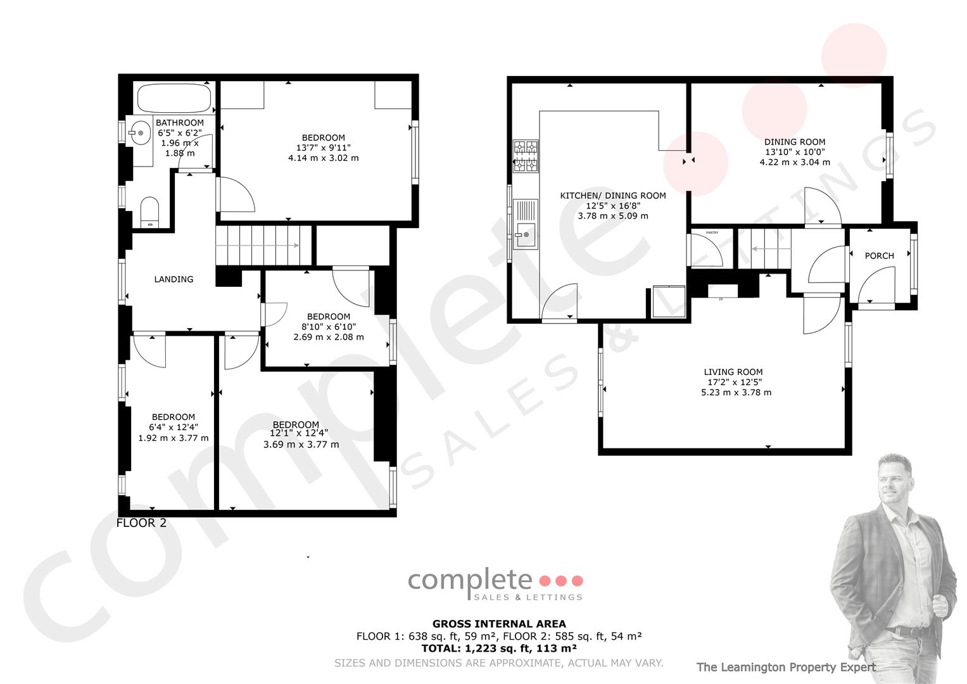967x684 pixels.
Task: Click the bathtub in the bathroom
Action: pyautogui.click(x=174, y=98)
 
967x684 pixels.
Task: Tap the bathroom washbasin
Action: pyautogui.click(x=139, y=133)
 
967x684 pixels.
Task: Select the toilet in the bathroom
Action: pyautogui.click(x=149, y=212)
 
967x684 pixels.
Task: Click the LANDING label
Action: pyautogui.click(x=174, y=279)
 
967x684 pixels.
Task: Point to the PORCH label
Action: pyautogui.click(x=879, y=256)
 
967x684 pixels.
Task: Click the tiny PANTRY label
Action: pyautogui.click(x=712, y=233)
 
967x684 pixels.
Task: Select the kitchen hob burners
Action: pyautogui.click(x=526, y=156)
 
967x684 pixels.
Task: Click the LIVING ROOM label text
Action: pyautogui.click(x=733, y=372)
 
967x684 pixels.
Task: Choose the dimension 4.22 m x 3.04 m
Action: pyautogui.click(x=795, y=162)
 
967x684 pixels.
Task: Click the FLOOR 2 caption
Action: pyautogui.click(x=141, y=523)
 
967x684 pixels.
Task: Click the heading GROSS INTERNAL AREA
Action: pyautogui.click(x=499, y=624)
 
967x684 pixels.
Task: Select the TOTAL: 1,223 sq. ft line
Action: pyautogui.click(x=499, y=648)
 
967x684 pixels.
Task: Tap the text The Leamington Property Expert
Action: pyautogui.click(x=786, y=667)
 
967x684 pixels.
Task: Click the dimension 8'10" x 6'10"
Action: pyautogui.click(x=329, y=327)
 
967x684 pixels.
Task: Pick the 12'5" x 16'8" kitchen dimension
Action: pyautogui.click(x=613, y=206)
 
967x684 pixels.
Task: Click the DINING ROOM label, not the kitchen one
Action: pyautogui.click(x=795, y=142)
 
